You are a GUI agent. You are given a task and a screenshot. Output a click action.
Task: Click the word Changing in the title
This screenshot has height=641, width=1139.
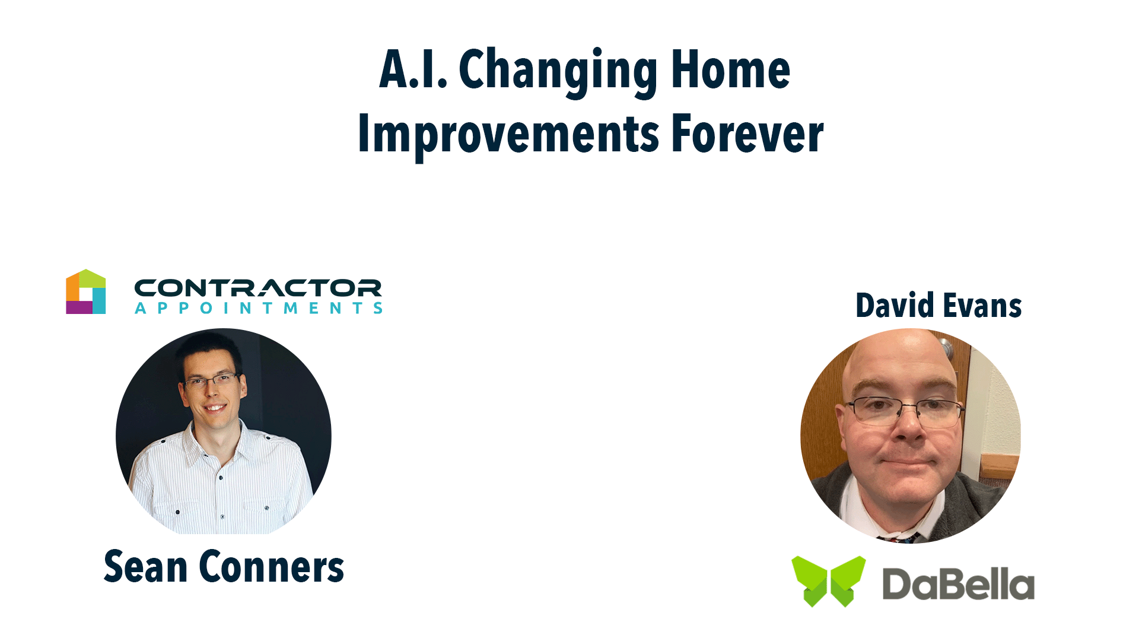(x=558, y=71)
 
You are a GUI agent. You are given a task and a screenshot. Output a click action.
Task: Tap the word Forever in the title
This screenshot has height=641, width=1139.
(x=747, y=134)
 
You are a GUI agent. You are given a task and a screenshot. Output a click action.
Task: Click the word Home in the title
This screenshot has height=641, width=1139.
(x=731, y=69)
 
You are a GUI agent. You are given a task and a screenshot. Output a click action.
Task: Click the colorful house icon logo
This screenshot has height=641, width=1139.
(x=86, y=291)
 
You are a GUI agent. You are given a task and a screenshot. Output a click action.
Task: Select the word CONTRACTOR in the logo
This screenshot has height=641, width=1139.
(x=258, y=288)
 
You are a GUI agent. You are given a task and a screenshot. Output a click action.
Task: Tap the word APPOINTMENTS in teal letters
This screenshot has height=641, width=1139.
(x=259, y=308)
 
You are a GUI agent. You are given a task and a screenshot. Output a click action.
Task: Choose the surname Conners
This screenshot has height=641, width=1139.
(x=272, y=567)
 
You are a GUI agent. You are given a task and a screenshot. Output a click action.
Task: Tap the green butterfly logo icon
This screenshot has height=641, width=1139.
(x=829, y=580)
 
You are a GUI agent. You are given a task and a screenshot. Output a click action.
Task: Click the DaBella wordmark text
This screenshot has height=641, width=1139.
(x=959, y=584)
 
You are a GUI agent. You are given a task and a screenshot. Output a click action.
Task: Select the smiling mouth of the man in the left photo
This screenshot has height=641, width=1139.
(x=215, y=408)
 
